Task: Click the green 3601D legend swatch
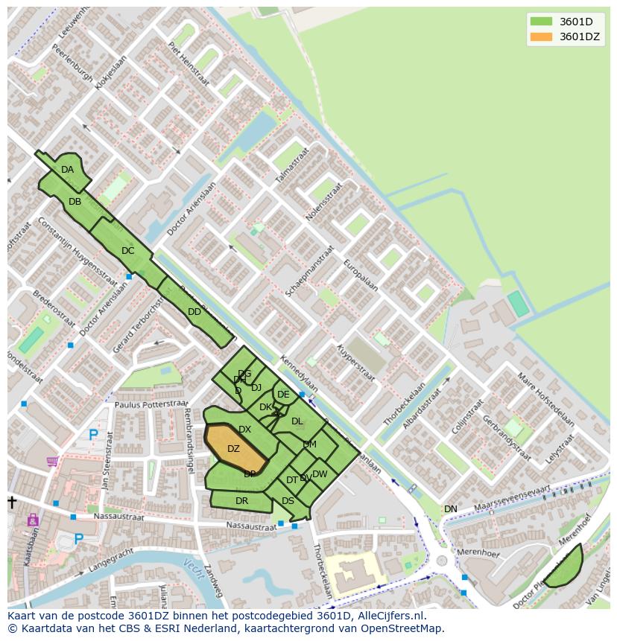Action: (541, 22)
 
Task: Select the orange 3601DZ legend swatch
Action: (541, 36)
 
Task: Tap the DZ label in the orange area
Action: (233, 449)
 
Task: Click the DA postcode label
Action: (68, 170)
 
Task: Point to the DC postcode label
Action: (127, 251)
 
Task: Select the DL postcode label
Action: (297, 421)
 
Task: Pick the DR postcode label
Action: (241, 501)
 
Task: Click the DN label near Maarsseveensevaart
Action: (451, 509)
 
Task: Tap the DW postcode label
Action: (320, 474)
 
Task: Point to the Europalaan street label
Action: (361, 275)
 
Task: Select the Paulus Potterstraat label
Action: (152, 404)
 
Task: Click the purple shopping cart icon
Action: (52, 462)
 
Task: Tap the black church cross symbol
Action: (12, 503)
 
